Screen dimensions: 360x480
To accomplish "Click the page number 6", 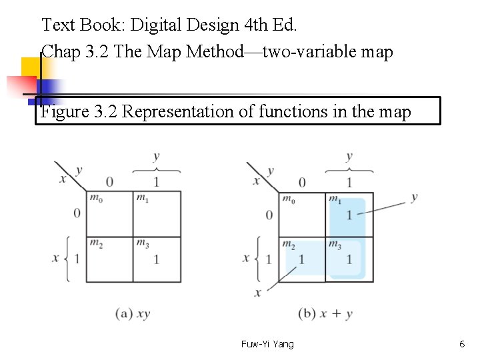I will point(462,344).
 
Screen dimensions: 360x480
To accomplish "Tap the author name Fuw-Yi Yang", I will point(267,344).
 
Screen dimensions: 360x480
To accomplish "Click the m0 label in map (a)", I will point(96,198).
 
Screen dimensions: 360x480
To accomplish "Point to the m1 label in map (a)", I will point(143,198).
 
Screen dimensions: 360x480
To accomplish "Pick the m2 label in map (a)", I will point(96,243).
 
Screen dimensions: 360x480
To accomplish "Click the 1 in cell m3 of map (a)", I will point(157,259).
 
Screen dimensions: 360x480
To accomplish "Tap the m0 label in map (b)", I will point(289,199).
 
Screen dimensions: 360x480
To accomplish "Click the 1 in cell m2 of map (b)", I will point(302,259).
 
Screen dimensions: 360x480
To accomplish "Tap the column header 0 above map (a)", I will point(109,182).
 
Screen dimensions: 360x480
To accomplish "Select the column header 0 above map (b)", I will point(302,182).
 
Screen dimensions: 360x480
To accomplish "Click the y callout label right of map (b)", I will point(414,197).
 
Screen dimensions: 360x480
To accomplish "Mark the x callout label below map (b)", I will point(258,293).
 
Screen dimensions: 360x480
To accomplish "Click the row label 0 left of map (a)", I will point(77,213).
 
